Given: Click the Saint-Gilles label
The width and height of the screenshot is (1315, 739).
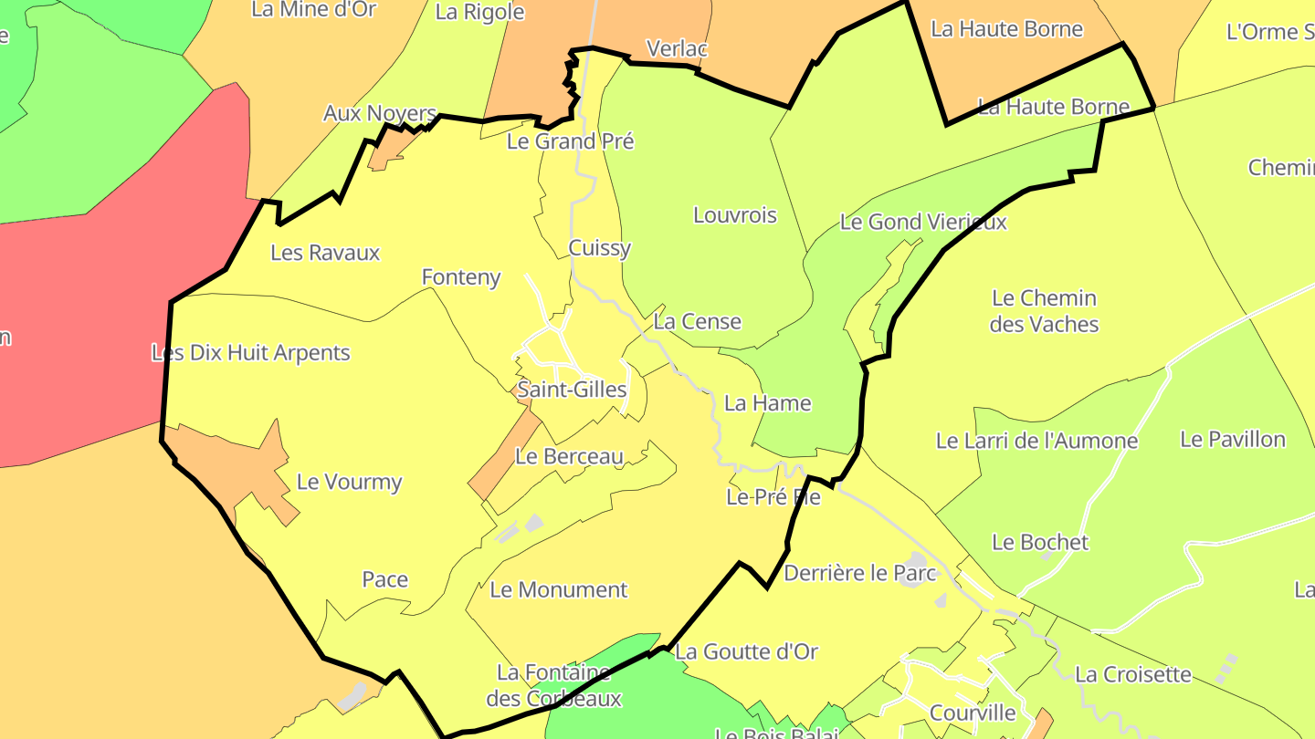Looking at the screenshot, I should [x=572, y=390].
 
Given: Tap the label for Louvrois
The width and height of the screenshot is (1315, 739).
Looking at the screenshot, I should [x=735, y=215].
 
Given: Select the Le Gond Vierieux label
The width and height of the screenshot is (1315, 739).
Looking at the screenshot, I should [x=923, y=222].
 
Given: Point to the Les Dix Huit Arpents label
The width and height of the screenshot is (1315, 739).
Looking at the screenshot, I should [x=251, y=353].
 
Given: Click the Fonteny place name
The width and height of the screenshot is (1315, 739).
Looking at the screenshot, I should [x=461, y=276].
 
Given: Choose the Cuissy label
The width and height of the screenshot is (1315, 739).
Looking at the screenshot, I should [x=600, y=248].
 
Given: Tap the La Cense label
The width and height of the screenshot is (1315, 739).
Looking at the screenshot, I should [x=698, y=322].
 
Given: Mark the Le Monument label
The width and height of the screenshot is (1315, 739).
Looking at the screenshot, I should [x=559, y=590].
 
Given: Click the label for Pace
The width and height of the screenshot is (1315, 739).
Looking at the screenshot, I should [x=385, y=580].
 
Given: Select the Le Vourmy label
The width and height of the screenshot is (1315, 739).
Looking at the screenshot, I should [x=350, y=483].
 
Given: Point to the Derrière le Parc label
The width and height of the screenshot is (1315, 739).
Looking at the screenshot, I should [x=860, y=574].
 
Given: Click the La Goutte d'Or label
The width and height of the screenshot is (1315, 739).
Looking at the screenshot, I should [x=746, y=652].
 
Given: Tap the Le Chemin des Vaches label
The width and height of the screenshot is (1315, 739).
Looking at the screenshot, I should [x=1044, y=311].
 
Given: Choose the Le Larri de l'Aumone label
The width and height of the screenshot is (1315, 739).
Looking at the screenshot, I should [x=1037, y=442].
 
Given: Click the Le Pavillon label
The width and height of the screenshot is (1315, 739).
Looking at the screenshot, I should [x=1233, y=440].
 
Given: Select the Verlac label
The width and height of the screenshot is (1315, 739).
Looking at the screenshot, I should [x=677, y=48].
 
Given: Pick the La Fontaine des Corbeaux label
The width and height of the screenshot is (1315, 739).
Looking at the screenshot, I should [x=554, y=686].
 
